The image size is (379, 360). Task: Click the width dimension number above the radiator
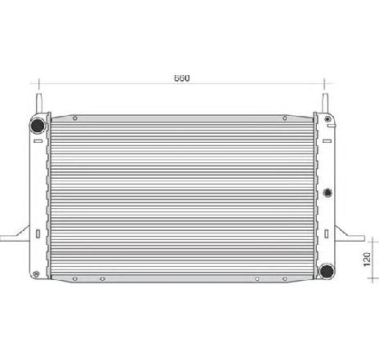pos(181,78)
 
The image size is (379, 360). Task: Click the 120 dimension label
pos(367,260)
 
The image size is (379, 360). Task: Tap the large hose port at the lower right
pos(327,271)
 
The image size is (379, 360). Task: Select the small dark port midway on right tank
pos(328,193)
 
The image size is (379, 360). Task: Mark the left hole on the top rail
pos(75,118)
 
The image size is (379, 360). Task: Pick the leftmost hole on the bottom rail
pos(75,279)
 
